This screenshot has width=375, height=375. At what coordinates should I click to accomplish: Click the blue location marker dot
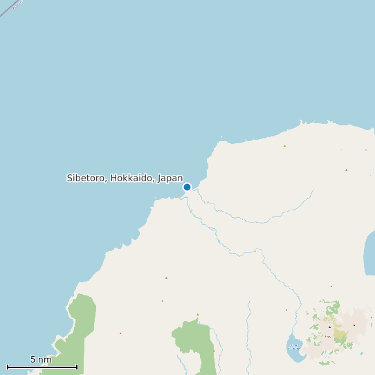(187, 187)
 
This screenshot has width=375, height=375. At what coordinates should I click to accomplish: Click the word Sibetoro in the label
(86, 178)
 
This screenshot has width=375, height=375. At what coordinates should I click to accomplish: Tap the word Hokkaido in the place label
(131, 178)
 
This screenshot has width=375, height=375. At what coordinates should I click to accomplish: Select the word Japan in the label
(170, 178)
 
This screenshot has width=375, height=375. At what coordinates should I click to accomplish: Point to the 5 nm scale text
(41, 360)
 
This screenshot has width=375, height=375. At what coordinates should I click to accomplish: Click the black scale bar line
(42, 367)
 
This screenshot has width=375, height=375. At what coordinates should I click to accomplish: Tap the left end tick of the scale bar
(8, 367)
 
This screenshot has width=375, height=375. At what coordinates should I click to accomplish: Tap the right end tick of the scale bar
(77, 367)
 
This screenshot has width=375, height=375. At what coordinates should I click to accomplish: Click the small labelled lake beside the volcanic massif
(295, 348)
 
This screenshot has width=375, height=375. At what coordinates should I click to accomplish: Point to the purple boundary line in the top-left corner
(6, 10)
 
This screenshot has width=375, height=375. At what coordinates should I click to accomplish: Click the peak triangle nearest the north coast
(284, 146)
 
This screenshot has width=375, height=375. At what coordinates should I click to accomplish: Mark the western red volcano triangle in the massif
(329, 327)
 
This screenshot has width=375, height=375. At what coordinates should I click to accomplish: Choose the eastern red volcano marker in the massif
(354, 325)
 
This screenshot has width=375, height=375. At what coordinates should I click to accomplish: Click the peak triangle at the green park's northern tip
(197, 315)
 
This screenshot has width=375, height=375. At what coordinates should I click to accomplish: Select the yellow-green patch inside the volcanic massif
(340, 336)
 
